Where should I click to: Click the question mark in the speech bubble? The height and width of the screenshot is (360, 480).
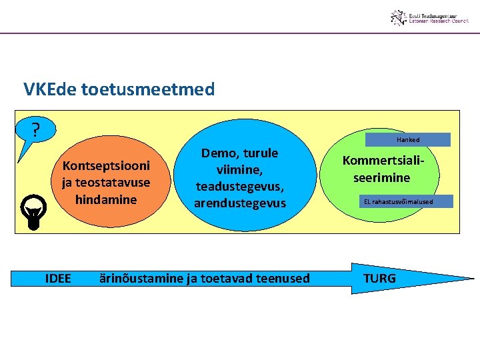point(36,128)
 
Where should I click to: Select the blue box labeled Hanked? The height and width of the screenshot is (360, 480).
point(408,140)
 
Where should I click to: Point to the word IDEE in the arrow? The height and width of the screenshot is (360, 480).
point(58,278)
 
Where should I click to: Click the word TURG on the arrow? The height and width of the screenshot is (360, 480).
point(379,278)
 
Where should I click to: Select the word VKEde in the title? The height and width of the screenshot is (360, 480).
point(49,89)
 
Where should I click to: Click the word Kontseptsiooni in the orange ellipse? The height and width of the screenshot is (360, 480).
point(106,165)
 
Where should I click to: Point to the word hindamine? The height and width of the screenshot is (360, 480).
point(106,199)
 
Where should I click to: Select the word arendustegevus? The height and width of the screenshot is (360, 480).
point(240,203)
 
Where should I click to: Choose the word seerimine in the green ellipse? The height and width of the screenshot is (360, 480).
point(382,178)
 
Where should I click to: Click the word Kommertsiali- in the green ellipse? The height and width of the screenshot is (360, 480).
point(383,161)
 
